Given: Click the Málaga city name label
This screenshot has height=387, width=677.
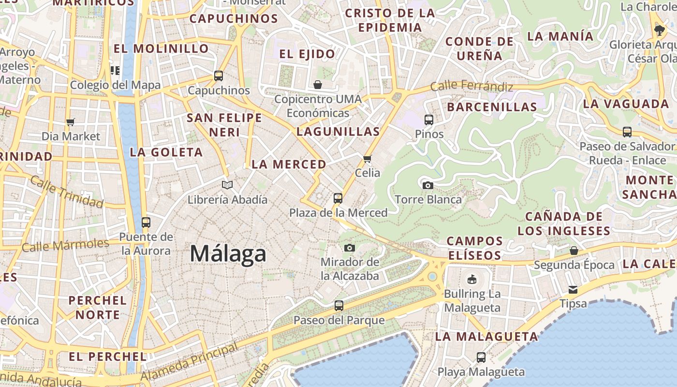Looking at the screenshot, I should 228,253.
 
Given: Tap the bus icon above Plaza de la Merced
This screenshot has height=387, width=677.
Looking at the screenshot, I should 338,198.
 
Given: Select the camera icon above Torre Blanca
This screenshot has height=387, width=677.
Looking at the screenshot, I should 427,185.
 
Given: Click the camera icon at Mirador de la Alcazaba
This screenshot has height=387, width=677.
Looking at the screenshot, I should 350,248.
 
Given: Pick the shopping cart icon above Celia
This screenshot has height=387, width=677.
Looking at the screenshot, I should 368,158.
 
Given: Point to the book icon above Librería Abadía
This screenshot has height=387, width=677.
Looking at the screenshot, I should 227,185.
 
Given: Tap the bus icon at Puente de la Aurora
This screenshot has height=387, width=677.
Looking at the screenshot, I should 146,223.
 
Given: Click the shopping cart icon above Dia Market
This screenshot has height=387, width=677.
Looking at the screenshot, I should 71,122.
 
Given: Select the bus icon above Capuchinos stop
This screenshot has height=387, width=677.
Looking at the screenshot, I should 219,76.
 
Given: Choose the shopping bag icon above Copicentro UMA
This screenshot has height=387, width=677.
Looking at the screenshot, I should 318,85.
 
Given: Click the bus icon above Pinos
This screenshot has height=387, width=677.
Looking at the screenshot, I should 428,119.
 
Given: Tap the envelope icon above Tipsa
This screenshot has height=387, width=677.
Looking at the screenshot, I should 573,289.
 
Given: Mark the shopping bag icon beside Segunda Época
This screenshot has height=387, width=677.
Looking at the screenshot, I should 574,250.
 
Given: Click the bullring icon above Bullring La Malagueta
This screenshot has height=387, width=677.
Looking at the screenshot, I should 472,279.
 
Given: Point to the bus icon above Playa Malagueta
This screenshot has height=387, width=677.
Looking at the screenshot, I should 481,357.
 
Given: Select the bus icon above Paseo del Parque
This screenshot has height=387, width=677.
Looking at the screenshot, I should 339,306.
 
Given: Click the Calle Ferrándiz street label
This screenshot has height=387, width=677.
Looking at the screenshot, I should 471,87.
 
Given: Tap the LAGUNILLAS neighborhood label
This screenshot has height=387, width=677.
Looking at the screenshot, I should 338,131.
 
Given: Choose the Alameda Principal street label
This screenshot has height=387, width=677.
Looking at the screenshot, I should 190,362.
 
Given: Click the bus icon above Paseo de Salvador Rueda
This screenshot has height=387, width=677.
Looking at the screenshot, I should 627,132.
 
